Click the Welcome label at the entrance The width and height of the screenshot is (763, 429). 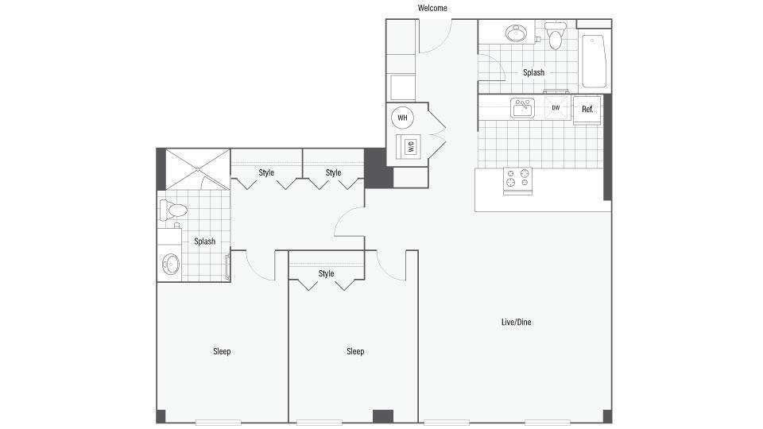coord(432,8)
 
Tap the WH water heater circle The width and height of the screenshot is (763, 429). coord(402,118)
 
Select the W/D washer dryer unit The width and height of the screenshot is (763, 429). coord(411,146)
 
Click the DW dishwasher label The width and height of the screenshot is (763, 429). coord(556,107)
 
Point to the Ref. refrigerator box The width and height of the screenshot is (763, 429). coord(587,109)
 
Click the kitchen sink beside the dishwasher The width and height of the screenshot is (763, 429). coord(523,107)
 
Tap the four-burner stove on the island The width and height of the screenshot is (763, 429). coord(517,180)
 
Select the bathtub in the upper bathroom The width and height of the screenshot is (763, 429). coord(595,61)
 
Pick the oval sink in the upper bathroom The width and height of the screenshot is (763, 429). coord(516,34)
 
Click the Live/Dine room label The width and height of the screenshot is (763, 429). coord(515,322)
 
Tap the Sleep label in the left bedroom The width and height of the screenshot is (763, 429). coord(222,351)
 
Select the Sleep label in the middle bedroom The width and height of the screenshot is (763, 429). coord(355,351)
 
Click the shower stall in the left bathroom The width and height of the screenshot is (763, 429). coord(194,169)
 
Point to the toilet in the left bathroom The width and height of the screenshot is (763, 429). coord(172,211)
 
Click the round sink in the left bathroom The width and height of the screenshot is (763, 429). coord(170,263)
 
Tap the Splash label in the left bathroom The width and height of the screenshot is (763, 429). coord(204,242)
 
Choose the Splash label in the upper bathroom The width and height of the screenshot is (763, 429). coord(533,72)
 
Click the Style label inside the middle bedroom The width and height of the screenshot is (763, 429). coord(326,273)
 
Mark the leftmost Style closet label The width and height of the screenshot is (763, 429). coord(266,172)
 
